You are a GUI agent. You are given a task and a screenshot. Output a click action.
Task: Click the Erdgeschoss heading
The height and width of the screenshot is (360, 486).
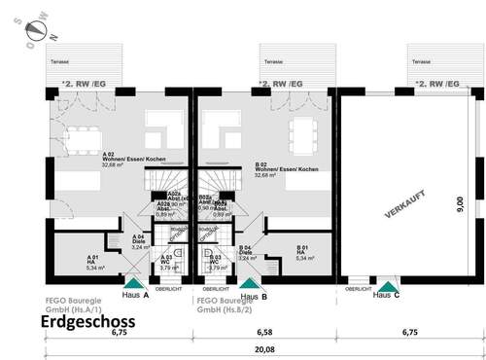[87, 321]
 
